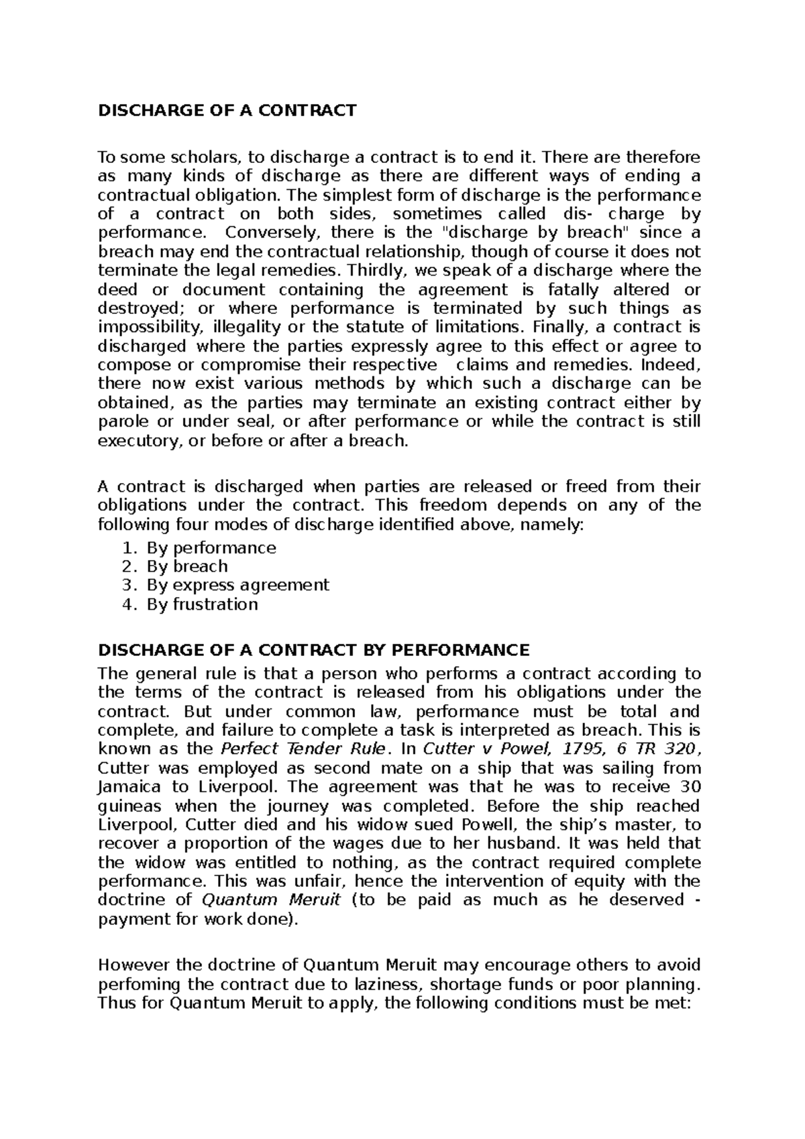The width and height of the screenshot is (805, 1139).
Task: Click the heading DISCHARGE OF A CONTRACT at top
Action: [x=227, y=111]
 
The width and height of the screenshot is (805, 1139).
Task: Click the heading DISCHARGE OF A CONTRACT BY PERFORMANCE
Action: [x=313, y=650]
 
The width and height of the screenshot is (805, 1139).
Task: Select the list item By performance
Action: [x=211, y=547]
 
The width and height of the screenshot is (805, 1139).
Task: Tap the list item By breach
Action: [x=187, y=566]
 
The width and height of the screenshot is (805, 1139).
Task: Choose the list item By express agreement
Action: [x=238, y=585]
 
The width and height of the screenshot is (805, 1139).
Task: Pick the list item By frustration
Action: [x=202, y=604]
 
